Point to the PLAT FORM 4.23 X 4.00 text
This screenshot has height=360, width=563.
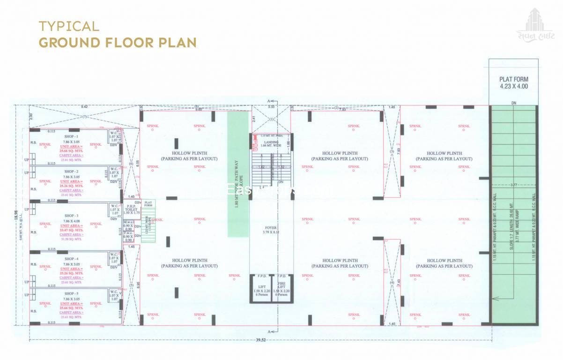pyautogui.click(x=513, y=83)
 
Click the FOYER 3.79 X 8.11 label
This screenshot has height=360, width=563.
pyautogui.click(x=272, y=229)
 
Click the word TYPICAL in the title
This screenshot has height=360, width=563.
pyautogui.click(x=69, y=26)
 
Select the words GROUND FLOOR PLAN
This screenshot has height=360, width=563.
pyautogui.click(x=117, y=42)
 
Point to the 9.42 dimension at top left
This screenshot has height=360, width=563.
pyautogui.click(x=84, y=107)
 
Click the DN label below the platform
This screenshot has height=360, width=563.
pyautogui.click(x=513, y=103)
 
